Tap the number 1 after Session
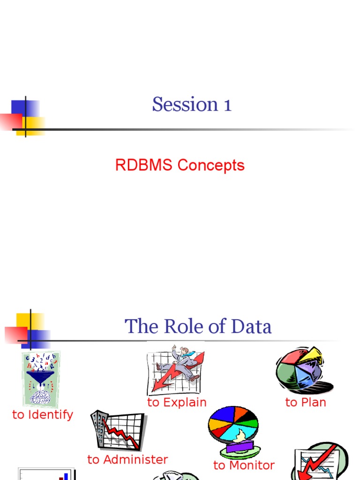point(227,105)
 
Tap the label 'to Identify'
point(43,414)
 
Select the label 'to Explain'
point(177,402)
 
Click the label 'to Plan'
point(306,402)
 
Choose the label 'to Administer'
point(127,460)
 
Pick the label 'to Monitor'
point(244,465)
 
